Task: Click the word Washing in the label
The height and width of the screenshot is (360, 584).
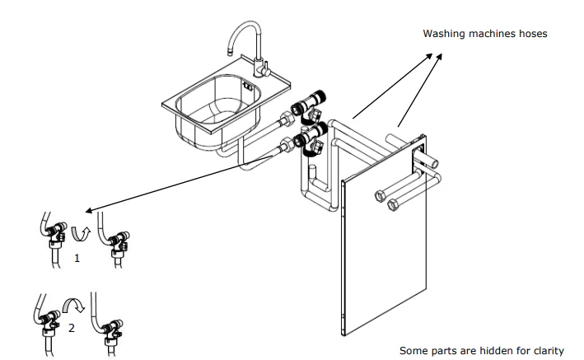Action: coord(444,34)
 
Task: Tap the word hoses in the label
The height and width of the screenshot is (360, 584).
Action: coord(533,34)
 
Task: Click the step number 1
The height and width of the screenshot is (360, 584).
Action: coord(77,259)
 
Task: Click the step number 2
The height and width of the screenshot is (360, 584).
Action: coord(72,328)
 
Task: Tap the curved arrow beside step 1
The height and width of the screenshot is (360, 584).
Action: coord(82,233)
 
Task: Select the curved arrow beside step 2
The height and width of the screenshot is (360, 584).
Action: coord(74,305)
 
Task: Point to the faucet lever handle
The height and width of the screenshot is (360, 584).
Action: coord(265,70)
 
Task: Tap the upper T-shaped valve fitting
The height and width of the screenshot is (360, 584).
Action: coord(309,106)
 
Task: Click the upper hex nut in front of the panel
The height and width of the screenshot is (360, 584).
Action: coord(380,196)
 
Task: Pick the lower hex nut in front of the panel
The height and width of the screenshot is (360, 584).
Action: coord(393,204)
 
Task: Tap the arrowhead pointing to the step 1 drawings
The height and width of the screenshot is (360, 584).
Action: coord(89,211)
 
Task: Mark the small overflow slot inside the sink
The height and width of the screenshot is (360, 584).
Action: coord(248,86)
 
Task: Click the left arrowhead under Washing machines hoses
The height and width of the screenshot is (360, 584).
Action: coord(429,56)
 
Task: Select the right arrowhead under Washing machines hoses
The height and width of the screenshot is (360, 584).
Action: coord(439,56)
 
